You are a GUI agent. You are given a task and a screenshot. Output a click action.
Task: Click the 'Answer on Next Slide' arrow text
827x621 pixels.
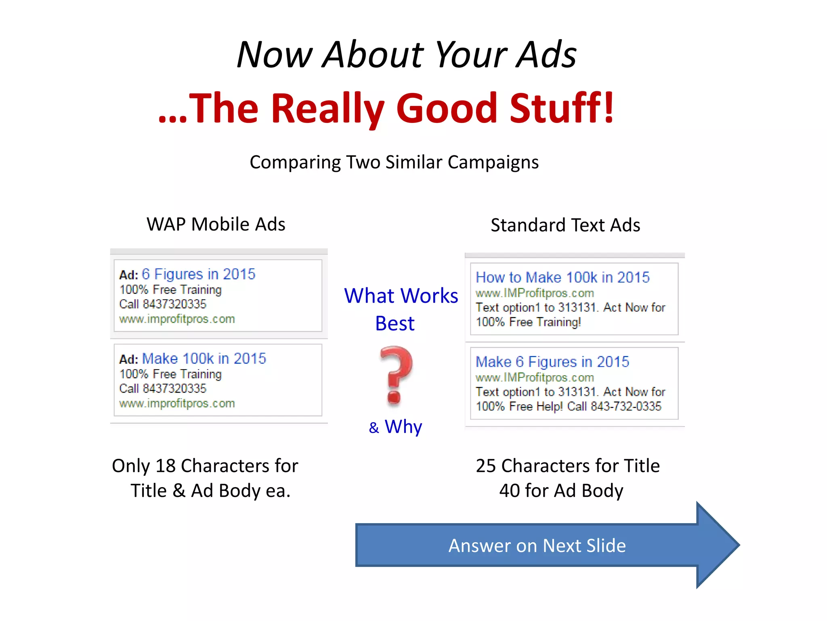point(537,545)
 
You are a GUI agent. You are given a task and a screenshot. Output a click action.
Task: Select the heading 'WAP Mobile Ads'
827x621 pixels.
point(216,224)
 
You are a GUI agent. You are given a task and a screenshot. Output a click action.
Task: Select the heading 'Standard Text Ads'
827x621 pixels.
point(565,225)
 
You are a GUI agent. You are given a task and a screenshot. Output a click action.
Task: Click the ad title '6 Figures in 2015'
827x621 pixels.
point(199,274)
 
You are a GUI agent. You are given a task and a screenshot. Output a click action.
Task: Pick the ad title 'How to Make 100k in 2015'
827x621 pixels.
point(563,277)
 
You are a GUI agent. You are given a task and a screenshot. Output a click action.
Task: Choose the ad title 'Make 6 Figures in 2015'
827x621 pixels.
point(552,361)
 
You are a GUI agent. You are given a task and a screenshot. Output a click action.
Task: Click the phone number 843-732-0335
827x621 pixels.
point(626,406)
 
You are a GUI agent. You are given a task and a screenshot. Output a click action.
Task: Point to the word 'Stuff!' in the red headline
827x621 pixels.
point(562,108)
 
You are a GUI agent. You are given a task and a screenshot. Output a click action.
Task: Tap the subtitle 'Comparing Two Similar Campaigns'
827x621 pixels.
point(394,162)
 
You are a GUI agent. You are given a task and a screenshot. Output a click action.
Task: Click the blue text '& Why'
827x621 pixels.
point(396,427)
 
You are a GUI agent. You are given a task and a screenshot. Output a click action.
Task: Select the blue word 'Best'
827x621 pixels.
point(395,323)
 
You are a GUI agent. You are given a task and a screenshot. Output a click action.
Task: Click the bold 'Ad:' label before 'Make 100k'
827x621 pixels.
point(128,359)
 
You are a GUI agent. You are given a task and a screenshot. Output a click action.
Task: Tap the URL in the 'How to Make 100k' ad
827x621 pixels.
point(535,293)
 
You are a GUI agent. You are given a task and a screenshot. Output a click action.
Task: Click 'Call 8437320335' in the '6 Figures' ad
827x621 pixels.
point(163,304)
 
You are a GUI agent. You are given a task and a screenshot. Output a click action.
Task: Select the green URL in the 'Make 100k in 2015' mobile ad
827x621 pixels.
point(177,403)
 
